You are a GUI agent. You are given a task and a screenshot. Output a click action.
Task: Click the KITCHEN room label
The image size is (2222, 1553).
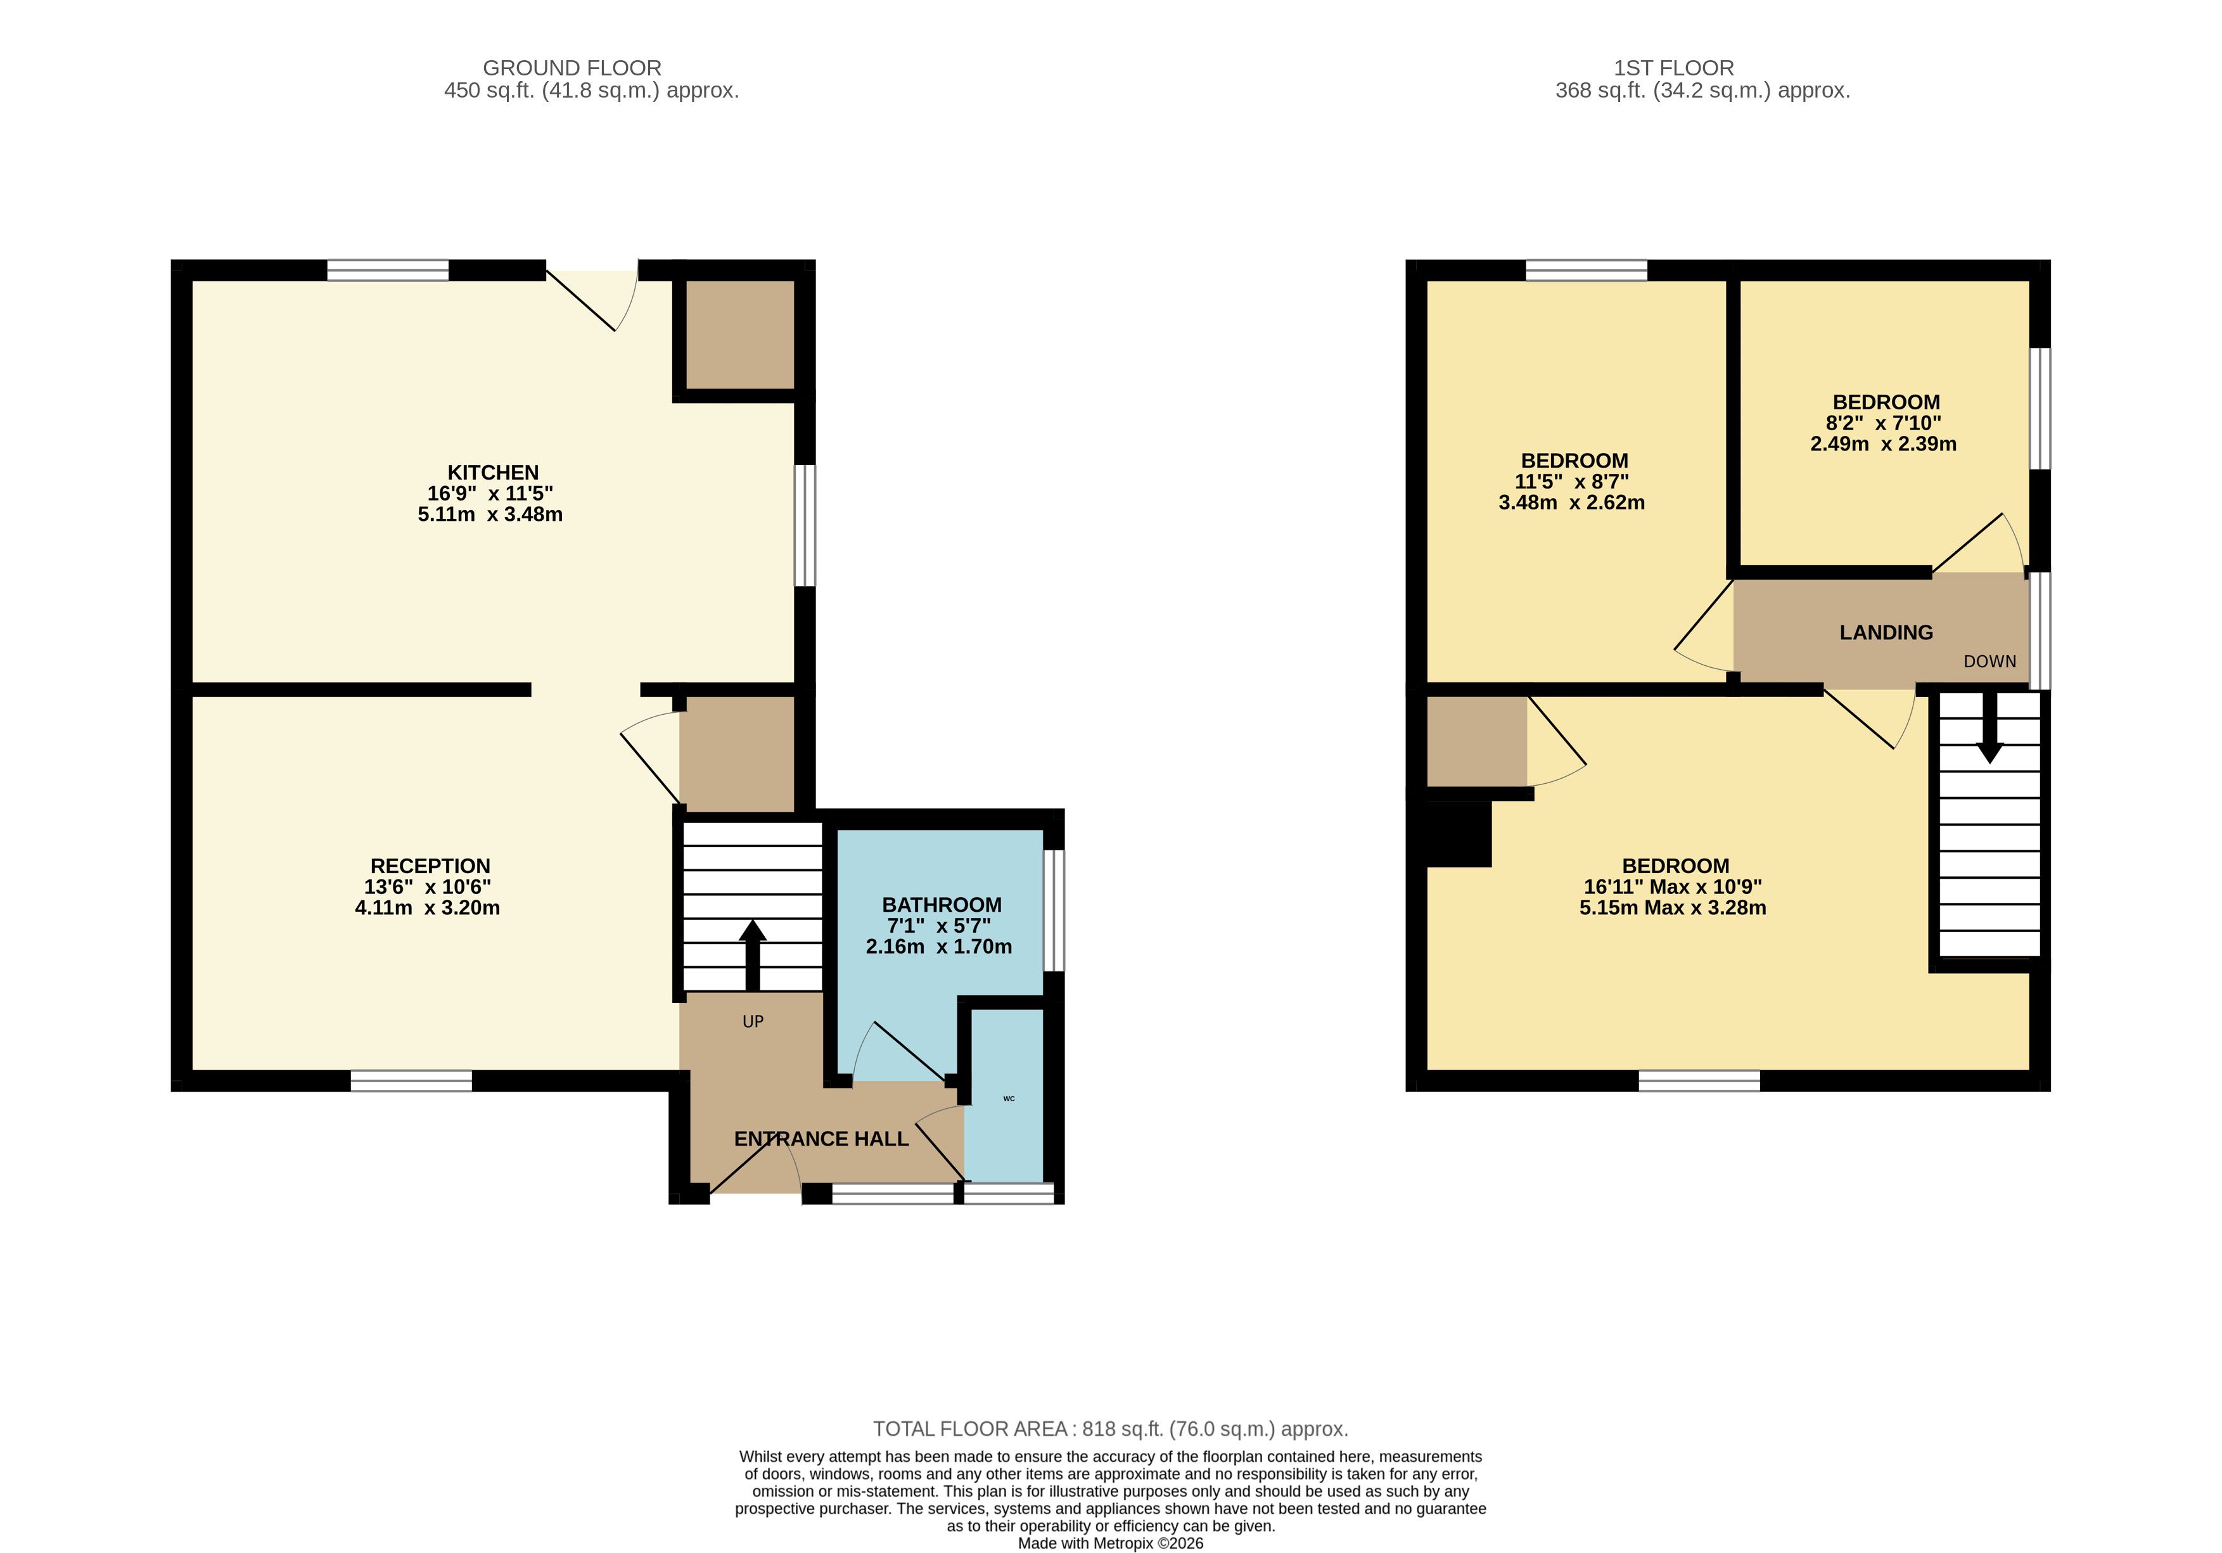click(x=492, y=472)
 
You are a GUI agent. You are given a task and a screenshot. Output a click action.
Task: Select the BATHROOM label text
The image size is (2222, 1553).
click(x=942, y=905)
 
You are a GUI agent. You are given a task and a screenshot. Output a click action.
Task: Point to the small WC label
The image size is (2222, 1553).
click(x=1009, y=1098)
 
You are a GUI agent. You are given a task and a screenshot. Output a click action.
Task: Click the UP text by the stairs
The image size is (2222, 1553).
click(x=753, y=1022)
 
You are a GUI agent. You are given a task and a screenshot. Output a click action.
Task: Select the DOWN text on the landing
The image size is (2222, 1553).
click(x=1989, y=662)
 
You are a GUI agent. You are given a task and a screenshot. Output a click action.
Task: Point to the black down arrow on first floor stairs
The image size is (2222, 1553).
click(x=1989, y=727)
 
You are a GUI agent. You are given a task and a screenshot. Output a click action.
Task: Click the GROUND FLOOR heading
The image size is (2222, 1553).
click(x=572, y=68)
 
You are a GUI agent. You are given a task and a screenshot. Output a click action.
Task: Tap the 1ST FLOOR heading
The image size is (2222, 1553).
click(x=1674, y=68)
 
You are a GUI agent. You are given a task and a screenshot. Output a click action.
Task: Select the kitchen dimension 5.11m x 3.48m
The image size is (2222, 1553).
click(x=490, y=514)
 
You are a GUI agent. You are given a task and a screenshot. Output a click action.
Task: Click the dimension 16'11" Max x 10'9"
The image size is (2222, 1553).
click(x=1673, y=886)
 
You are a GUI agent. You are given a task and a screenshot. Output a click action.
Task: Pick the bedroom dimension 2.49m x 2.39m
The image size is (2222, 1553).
click(x=1883, y=444)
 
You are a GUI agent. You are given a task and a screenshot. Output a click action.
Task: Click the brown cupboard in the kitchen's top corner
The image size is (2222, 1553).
click(x=740, y=335)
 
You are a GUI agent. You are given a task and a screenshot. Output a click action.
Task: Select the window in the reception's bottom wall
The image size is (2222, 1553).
click(x=411, y=1081)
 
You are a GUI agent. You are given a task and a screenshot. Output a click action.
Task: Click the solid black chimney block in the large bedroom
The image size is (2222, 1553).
click(x=1459, y=834)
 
